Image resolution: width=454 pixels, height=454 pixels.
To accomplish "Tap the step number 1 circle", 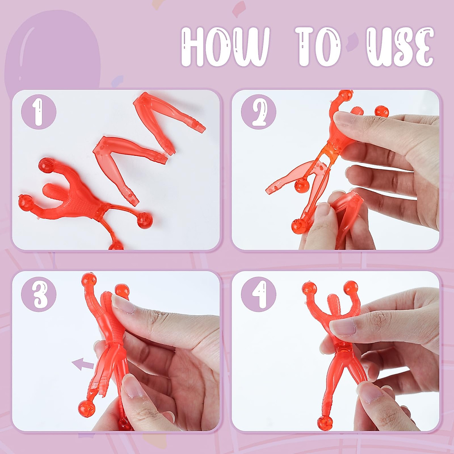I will click(x=38, y=112).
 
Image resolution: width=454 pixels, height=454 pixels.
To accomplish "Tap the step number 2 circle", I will click(x=259, y=112).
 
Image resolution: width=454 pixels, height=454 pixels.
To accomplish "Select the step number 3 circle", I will click(x=38, y=294).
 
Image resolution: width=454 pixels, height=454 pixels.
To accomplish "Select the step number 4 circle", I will click(x=259, y=294).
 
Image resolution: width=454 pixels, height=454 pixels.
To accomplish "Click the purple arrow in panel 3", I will click(x=83, y=364).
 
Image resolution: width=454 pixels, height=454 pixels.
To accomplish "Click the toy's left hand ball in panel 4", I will click(x=309, y=288).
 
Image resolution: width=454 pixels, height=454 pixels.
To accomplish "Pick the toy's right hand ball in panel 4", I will click(x=351, y=286).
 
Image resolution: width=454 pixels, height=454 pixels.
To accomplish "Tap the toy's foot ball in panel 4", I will click(x=324, y=422).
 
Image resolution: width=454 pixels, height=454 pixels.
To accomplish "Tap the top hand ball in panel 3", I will click(x=89, y=280).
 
